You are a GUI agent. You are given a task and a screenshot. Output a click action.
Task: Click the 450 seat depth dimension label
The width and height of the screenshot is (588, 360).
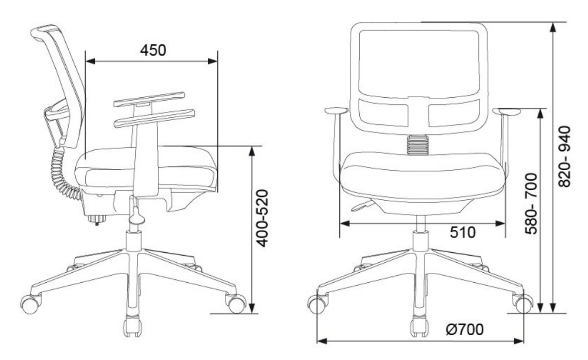tap(153, 50)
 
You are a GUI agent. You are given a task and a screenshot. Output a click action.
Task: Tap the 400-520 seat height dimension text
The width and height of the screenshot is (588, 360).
tap(262, 218)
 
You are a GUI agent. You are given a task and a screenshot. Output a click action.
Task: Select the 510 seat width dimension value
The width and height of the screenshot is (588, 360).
tap(463, 232)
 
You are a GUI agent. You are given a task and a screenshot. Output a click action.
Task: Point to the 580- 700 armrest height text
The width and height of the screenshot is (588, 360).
tap(531, 204)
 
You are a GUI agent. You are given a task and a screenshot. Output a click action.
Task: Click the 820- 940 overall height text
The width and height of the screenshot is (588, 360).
tap(564, 157)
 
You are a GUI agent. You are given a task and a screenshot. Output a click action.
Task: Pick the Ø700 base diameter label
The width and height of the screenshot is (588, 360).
tap(465, 329)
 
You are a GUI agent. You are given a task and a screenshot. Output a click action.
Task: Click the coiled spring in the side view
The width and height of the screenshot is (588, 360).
tap(63, 173)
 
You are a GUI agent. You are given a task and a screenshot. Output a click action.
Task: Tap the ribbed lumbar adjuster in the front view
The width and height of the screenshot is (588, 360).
tap(418, 144)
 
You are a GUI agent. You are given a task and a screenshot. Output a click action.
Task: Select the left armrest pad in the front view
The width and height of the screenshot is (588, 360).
tap(336, 111)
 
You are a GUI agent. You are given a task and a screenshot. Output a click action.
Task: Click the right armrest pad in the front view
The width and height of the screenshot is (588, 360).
tap(507, 112)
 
